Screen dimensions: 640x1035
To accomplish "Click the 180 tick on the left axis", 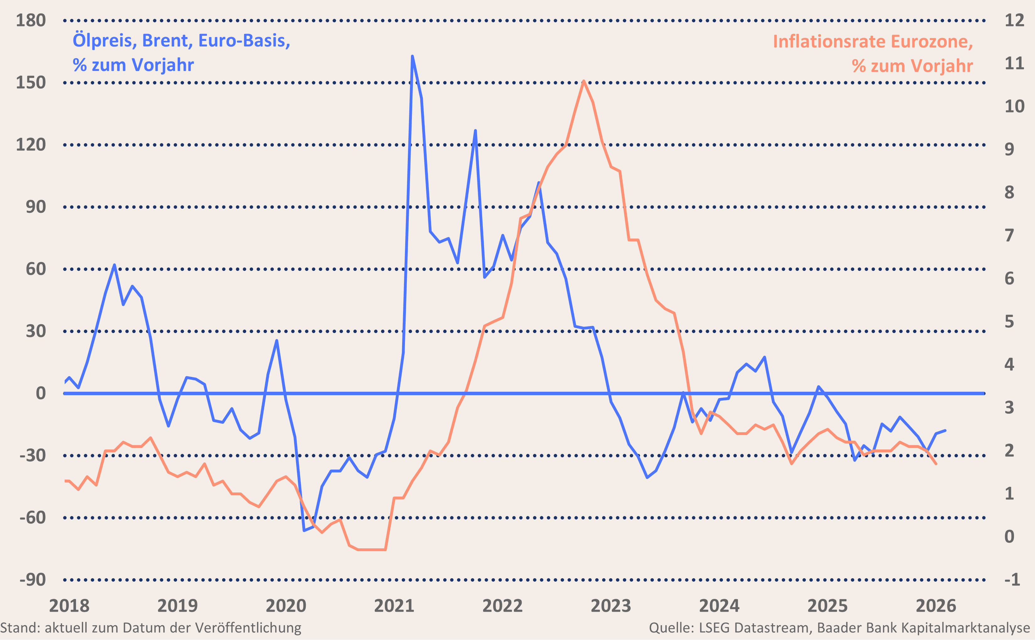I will (x=30, y=20).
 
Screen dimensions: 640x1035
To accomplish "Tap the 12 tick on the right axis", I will (x=1014, y=20).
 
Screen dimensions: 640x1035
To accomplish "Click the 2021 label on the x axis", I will (x=394, y=606).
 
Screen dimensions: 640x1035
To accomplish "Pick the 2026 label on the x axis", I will (x=935, y=606).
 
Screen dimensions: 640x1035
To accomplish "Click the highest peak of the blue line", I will (x=412, y=56).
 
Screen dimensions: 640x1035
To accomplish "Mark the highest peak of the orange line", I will (x=584, y=81).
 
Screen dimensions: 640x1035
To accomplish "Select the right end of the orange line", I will (x=936, y=464).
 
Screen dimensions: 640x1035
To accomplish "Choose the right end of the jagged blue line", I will (x=945, y=430).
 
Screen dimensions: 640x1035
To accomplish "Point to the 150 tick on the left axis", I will (x=30, y=83).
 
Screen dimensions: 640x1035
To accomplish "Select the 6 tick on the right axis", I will (x=1009, y=278).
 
